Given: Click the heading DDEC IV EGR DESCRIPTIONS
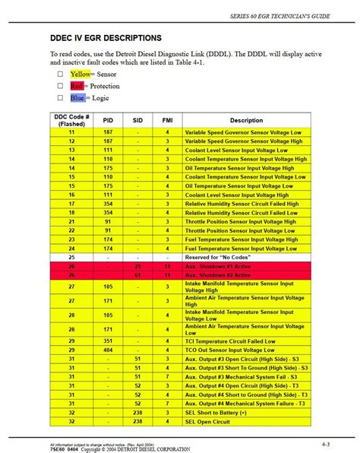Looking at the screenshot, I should [106, 37].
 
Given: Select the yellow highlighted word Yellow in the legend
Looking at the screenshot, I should [81, 74].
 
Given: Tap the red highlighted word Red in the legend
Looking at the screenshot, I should [77, 86].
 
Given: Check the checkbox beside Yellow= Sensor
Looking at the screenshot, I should [60, 74].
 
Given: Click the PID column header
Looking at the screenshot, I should [109, 120].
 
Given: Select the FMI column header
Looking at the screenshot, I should [166, 120].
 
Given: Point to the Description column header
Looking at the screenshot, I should [246, 120].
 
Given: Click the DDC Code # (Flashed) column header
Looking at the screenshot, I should [71, 120].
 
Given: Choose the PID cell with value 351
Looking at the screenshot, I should [109, 341].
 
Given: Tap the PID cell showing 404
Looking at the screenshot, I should [109, 350].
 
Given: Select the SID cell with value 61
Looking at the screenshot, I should [137, 275].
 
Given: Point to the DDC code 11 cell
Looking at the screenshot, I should [71, 132].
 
